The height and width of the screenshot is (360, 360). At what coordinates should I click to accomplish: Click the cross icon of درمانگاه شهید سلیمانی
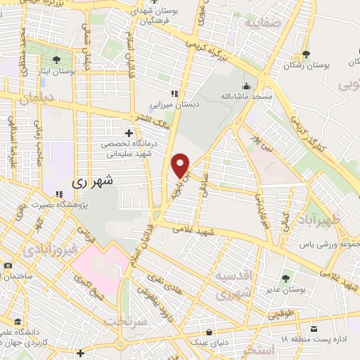coord(129,132)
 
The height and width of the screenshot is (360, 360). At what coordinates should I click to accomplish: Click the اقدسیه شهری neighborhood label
coord(233,285)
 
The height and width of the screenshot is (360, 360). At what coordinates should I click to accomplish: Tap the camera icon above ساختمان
coord(6,265)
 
